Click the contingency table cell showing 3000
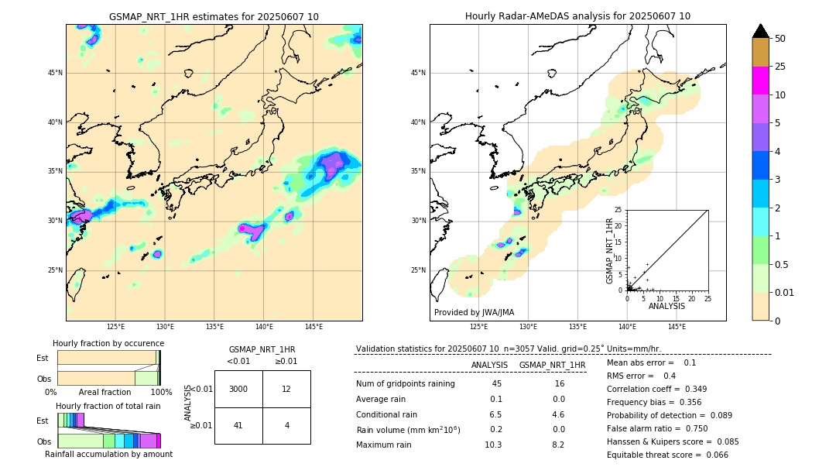pos(238,389)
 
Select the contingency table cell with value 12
pos(286,389)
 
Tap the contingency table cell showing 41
pos(238,425)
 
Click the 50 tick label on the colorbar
pos(780,39)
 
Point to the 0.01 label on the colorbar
pos(785,292)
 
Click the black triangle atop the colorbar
pos(761,31)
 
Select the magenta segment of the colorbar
pos(761,81)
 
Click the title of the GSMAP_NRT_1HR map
pos(214,16)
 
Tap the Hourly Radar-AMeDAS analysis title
pos(577,16)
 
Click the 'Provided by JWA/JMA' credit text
pos(474,312)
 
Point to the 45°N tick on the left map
pos(55,73)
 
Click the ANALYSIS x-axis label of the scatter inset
pos(666,306)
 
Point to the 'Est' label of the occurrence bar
pos(43,358)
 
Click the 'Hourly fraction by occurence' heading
pos(108,343)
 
